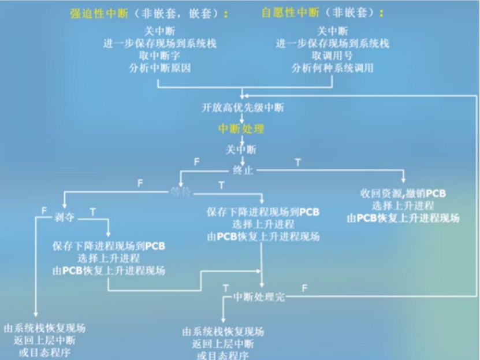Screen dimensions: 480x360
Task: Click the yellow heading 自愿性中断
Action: pos(290,13)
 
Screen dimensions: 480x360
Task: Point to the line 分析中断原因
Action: pos(160,68)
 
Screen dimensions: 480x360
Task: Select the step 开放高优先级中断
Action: pos(243,107)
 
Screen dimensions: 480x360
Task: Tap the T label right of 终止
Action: pos(297,163)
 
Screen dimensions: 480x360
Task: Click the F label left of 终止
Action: pos(196,162)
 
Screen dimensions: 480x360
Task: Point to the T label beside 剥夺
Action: pos(92,212)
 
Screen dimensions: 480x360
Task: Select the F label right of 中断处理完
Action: pos(304,288)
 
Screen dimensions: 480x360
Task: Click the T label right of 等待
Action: pos(221,185)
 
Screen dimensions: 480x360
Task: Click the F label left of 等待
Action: pos(140,183)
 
